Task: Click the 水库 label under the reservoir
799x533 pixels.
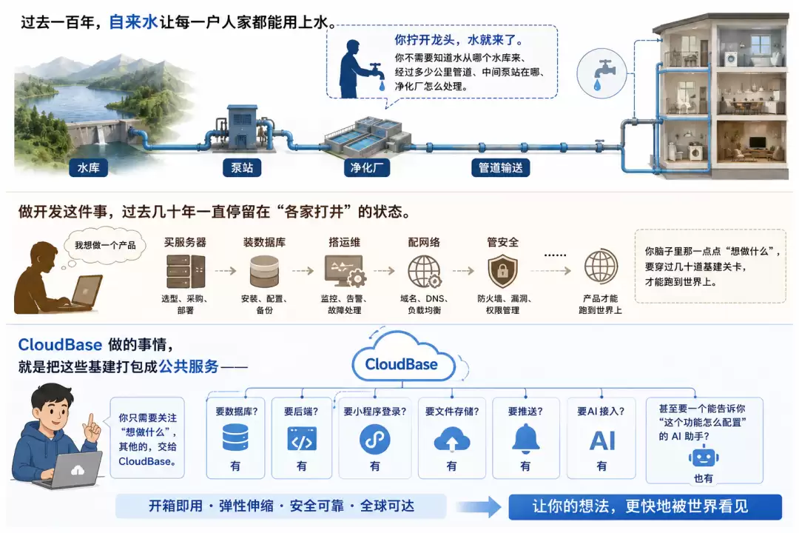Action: (x=89, y=168)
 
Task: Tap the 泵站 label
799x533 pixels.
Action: (x=242, y=168)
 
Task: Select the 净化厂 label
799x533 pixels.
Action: (x=367, y=168)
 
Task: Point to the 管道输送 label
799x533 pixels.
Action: (x=500, y=168)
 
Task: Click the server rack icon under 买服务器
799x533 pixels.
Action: (x=186, y=272)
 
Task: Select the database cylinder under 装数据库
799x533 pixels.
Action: (x=264, y=272)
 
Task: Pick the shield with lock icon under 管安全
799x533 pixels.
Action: (x=502, y=272)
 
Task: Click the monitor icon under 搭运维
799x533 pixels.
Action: (x=345, y=270)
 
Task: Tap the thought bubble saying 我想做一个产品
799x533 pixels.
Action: (x=105, y=246)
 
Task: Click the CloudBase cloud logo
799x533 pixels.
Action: (x=402, y=358)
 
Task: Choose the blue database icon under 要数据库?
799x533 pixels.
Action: (x=235, y=438)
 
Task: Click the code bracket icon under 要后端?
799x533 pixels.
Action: (x=302, y=439)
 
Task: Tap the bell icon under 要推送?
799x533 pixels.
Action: (x=525, y=439)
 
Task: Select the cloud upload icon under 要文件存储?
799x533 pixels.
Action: (x=451, y=440)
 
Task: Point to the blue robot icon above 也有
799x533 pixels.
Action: (x=704, y=457)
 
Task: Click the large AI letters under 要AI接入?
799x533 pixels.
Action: (x=602, y=441)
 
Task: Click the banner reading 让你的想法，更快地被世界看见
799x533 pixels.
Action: (x=645, y=506)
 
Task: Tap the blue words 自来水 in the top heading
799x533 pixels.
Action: (x=133, y=22)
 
